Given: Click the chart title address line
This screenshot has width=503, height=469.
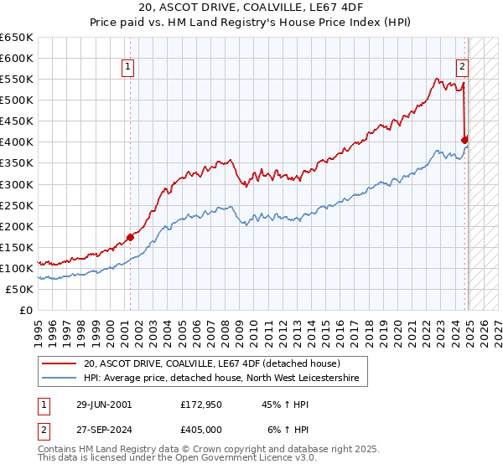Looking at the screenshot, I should pyautogui.click(x=251, y=9).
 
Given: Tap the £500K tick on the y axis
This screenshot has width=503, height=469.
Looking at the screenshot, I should pyautogui.click(x=16, y=100).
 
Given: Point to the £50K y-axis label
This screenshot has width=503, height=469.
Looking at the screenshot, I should pyautogui.click(x=18, y=289).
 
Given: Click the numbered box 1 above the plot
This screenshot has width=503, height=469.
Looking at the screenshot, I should pyautogui.click(x=127, y=69).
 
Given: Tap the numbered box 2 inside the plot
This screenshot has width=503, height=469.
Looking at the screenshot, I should pyautogui.click(x=462, y=69).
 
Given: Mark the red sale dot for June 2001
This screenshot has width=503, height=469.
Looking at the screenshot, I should pyautogui.click(x=131, y=237).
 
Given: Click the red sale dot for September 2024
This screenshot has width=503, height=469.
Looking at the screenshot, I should pyautogui.click(x=464, y=140).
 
